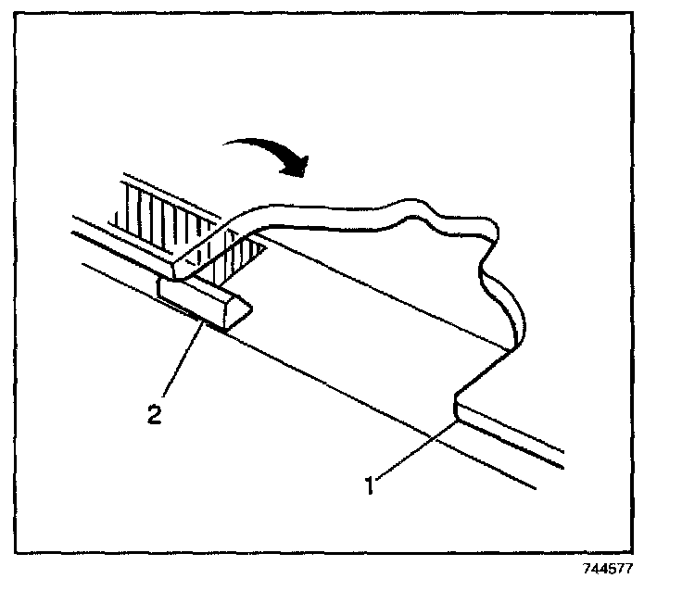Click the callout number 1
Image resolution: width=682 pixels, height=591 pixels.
point(369,484)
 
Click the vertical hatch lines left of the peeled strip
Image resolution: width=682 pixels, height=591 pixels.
point(153,213)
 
